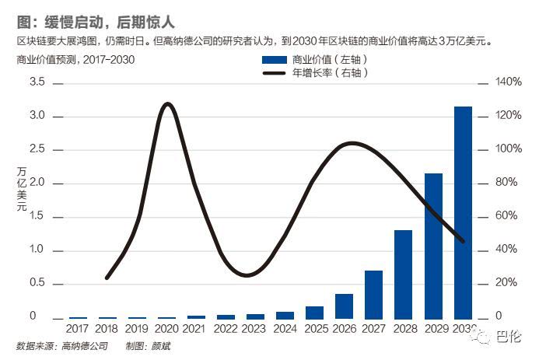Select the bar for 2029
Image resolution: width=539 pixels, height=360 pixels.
[x=433, y=246]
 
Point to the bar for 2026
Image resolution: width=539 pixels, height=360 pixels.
[x=344, y=306]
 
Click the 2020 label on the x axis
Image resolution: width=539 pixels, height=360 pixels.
[x=166, y=329]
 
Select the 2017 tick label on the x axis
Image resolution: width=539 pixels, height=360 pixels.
[x=78, y=329]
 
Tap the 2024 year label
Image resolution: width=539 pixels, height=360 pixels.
[x=285, y=329]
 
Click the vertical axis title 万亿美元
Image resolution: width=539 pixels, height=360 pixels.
[x=21, y=190]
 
